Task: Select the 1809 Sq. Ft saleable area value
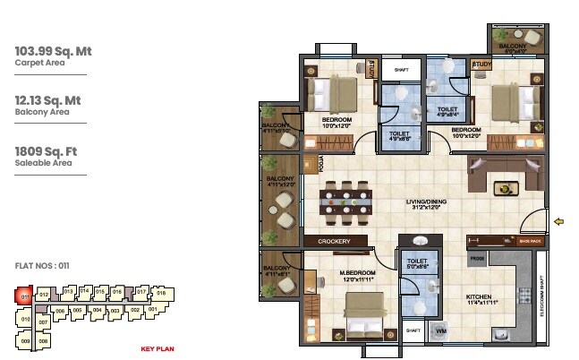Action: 47,152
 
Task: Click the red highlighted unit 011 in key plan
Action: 26,296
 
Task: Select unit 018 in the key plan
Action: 161,293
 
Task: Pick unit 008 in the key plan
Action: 43,341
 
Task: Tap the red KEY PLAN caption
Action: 158,348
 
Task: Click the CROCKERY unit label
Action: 333,242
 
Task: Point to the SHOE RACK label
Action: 530,241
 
